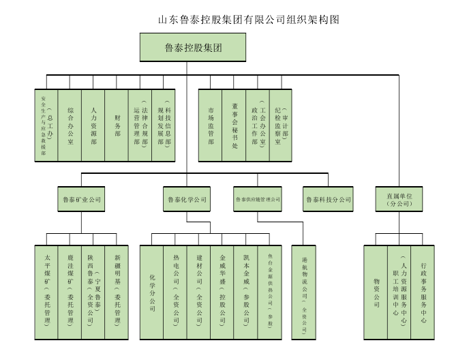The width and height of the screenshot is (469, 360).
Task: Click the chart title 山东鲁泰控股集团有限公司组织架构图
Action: pos(248,20)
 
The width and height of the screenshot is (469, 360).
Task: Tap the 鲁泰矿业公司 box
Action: pos(81,199)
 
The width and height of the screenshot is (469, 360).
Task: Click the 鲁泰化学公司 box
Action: pos(187,199)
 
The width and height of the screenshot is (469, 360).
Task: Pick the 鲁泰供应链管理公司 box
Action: pos(258,199)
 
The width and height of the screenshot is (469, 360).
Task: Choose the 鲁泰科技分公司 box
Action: pos(328,199)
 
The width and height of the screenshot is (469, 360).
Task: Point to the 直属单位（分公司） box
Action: pos(399,199)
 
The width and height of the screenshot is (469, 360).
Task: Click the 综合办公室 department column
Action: pos(70,125)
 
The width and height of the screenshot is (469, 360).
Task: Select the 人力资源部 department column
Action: pos(93,125)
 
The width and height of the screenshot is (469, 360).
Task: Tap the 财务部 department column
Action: pos(117,125)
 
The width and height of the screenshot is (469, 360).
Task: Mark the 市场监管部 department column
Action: pos(211,125)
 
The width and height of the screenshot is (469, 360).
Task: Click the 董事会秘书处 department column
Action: pos(234,125)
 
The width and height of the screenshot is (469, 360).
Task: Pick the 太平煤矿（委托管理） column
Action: pos(47,290)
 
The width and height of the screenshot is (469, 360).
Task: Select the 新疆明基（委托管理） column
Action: pos(117,290)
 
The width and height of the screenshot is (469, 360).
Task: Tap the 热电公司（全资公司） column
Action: pos(175,290)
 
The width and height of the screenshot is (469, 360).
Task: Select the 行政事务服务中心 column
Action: pos(423,290)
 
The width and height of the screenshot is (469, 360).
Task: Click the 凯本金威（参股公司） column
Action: pos(245,290)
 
